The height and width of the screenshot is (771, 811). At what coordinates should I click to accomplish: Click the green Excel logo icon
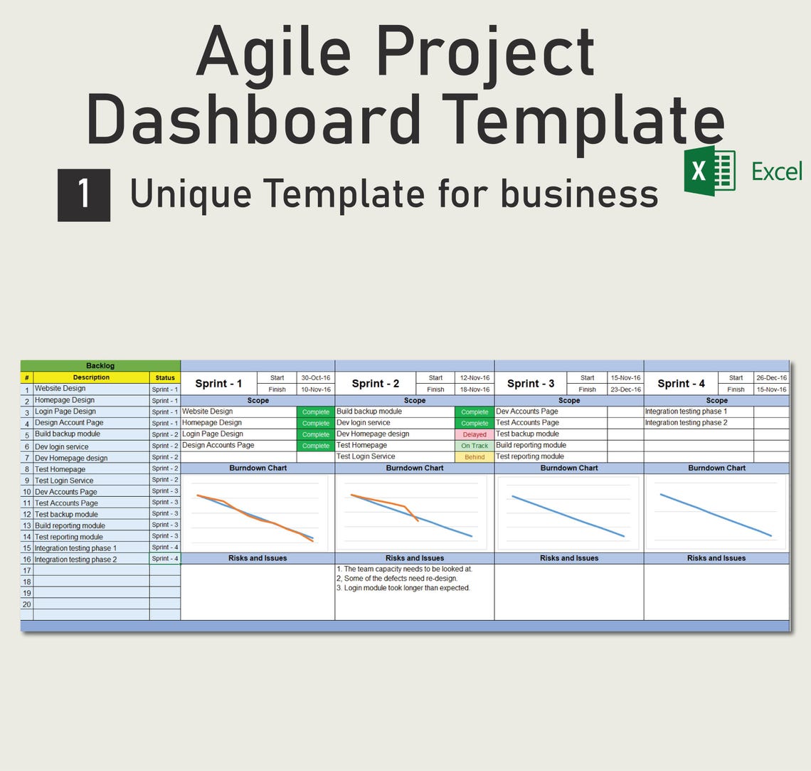point(709,171)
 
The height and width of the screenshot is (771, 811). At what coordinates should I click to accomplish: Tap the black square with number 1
point(84,195)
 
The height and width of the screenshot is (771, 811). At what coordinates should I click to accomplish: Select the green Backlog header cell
point(100,365)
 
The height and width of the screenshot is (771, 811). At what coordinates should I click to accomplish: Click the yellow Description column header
point(91,377)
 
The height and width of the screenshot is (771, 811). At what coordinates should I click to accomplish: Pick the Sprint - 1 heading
point(218,383)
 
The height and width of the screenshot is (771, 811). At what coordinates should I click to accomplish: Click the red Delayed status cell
point(474,434)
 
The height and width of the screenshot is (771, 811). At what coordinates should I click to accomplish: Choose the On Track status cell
point(474,446)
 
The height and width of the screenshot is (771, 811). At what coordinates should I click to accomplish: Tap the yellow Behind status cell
point(474,457)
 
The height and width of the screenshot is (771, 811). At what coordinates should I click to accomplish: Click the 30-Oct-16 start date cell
point(316,378)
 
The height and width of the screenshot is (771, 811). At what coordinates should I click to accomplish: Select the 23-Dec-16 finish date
point(625,389)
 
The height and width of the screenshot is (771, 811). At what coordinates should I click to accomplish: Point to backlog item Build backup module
point(68,434)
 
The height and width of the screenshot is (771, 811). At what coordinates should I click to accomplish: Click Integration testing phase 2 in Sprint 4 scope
point(686,423)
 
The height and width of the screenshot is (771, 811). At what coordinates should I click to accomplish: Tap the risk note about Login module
point(403,588)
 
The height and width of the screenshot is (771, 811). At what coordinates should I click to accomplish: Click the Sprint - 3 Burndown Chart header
point(568,468)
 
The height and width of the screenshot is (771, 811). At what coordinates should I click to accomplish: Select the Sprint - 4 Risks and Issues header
point(716,558)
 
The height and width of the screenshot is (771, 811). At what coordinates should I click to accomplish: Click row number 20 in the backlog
point(27,604)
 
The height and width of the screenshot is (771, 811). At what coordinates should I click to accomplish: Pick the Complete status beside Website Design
point(315,412)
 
